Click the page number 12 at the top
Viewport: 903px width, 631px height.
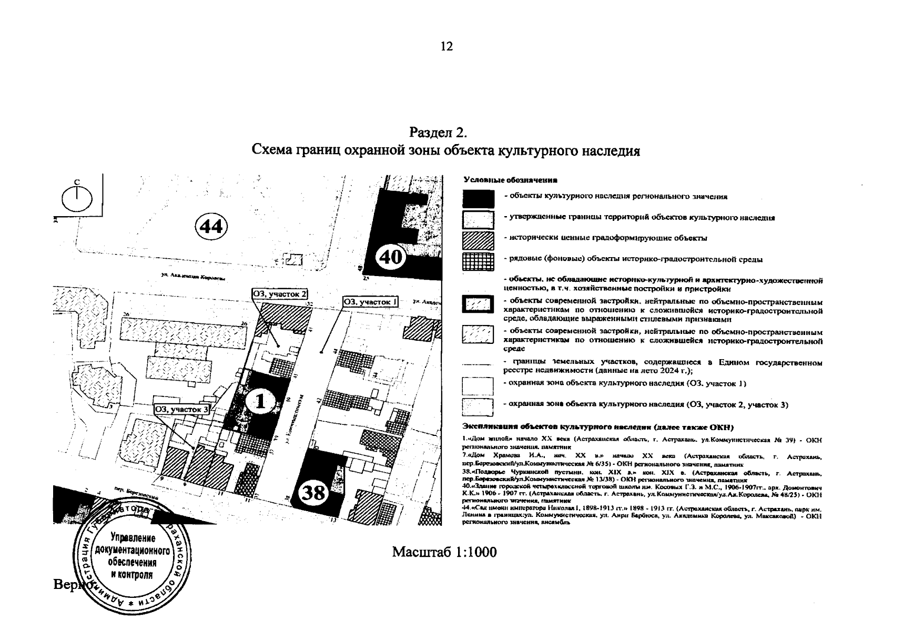[x=446, y=46]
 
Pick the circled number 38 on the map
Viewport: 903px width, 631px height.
[x=314, y=493]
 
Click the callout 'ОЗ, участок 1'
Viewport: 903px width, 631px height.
[x=370, y=302]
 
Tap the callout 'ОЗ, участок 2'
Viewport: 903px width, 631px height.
[x=280, y=294]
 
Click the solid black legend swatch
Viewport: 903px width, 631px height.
[x=478, y=198]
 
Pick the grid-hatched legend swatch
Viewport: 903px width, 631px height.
[x=478, y=261]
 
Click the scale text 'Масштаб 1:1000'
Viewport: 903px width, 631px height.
[x=444, y=552]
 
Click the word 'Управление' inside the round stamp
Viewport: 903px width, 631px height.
[x=132, y=538]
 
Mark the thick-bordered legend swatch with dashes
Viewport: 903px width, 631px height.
[x=478, y=304]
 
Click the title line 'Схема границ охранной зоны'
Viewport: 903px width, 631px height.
[x=446, y=151]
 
